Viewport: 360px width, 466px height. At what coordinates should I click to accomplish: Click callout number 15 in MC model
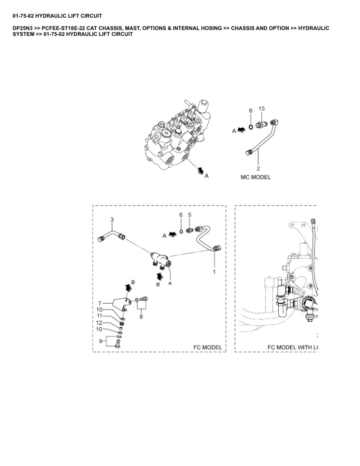(x=261, y=109)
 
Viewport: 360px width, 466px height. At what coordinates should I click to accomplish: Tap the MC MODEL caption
(x=255, y=177)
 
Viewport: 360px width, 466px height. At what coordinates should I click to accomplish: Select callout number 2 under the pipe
(x=258, y=168)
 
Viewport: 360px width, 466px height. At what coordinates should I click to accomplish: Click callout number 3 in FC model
(x=112, y=219)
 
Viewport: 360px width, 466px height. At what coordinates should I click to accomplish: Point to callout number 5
(x=189, y=215)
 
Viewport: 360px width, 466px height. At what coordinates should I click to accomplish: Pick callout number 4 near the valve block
(x=169, y=284)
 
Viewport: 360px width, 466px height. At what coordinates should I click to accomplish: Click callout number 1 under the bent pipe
(x=214, y=272)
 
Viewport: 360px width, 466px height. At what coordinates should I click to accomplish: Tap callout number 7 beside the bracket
(x=100, y=304)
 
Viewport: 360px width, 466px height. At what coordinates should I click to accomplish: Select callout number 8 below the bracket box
(x=141, y=317)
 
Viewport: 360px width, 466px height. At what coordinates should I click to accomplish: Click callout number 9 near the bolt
(x=101, y=341)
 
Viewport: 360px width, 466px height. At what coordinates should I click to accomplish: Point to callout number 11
(x=99, y=316)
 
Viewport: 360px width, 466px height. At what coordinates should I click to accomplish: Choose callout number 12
(x=99, y=323)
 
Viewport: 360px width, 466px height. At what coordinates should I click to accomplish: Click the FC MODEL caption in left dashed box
(x=208, y=347)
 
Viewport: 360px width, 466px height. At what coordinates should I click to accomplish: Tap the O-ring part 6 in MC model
(x=251, y=127)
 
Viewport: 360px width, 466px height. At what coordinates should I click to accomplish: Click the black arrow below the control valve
(x=201, y=171)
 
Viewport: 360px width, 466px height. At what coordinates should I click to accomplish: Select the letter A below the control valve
(x=206, y=176)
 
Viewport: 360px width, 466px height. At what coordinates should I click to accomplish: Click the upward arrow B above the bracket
(x=128, y=287)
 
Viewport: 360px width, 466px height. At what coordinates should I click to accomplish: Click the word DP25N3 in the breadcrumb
(x=22, y=28)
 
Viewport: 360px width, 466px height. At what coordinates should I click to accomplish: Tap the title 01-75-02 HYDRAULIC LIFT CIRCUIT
(x=57, y=16)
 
